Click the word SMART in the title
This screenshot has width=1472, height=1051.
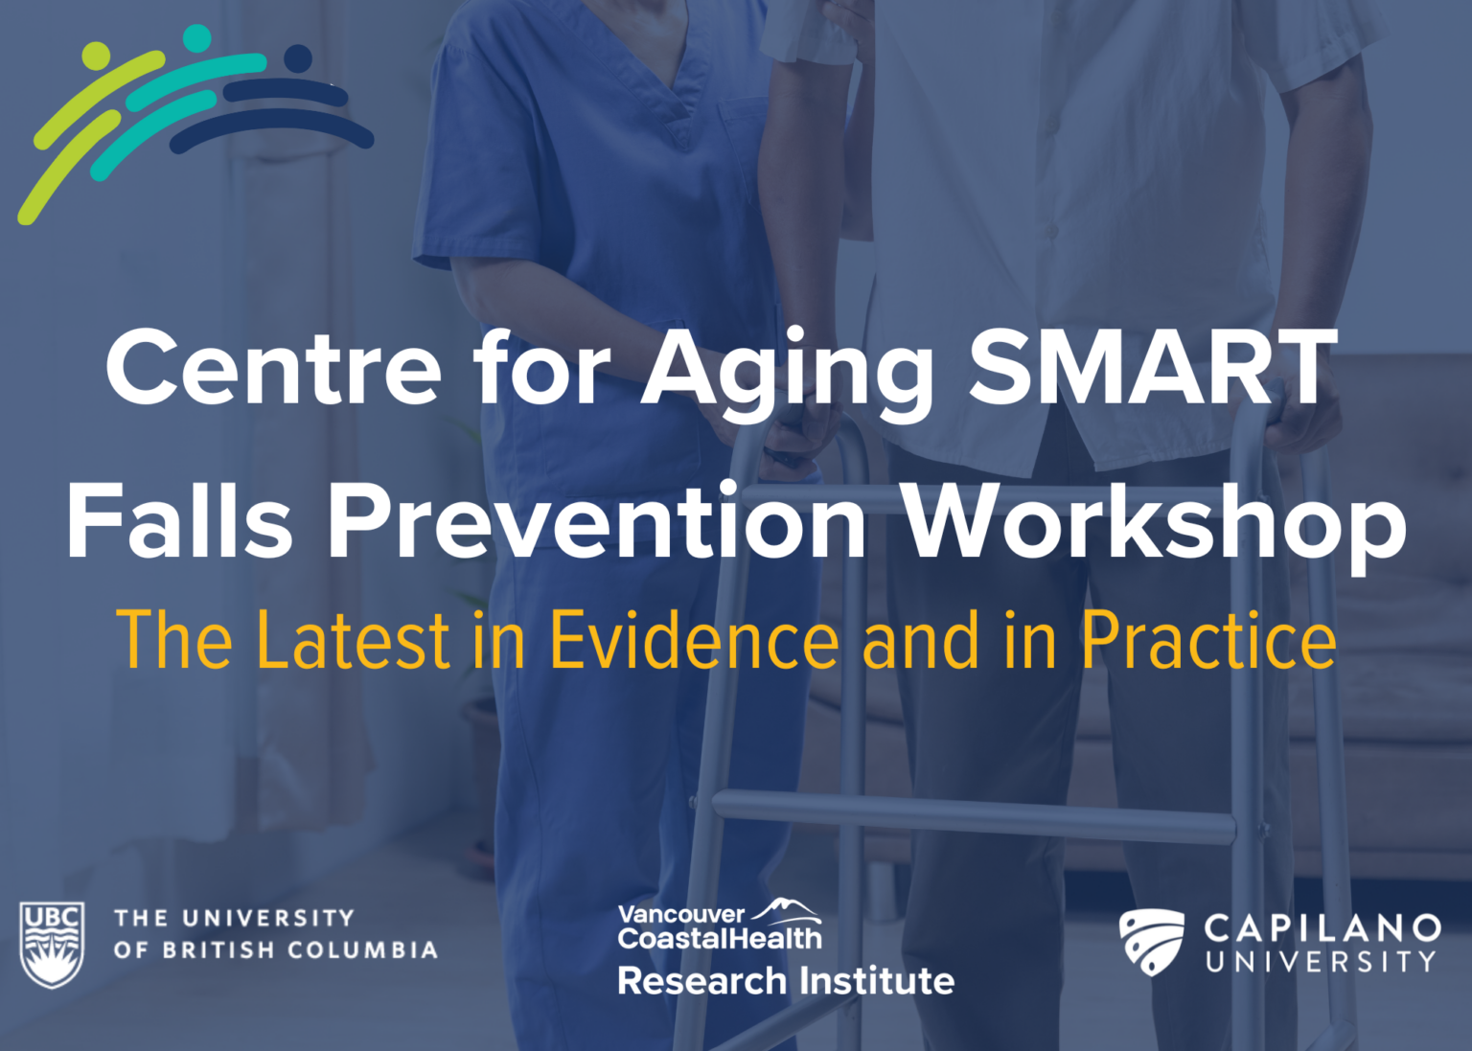pyautogui.click(x=1152, y=368)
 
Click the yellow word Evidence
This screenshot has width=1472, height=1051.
pyautogui.click(x=694, y=639)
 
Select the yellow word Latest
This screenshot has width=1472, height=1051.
pyautogui.click(x=354, y=639)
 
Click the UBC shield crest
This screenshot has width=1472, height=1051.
pyautogui.click(x=52, y=943)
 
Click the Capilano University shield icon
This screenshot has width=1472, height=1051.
pyautogui.click(x=1151, y=942)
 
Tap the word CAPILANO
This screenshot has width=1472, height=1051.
pyautogui.click(x=1322, y=926)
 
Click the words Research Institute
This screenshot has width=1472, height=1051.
pyautogui.click(x=786, y=981)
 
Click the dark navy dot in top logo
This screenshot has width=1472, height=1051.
pyautogui.click(x=298, y=58)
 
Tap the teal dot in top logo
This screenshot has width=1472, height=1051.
pyautogui.click(x=196, y=38)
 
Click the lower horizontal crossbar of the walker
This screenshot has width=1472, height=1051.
pyautogui.click(x=973, y=818)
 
